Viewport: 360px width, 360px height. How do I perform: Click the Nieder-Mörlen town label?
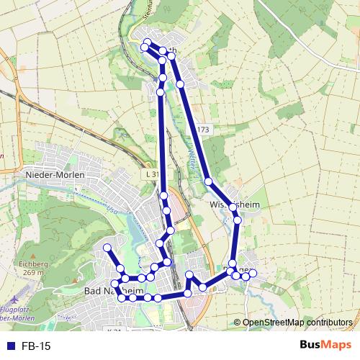(55, 175)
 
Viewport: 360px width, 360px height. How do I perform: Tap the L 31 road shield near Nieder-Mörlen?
(150, 174)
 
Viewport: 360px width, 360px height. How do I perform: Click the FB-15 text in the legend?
(37, 346)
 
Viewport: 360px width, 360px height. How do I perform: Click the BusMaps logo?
(325, 346)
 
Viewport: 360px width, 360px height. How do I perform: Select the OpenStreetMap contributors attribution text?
(297, 322)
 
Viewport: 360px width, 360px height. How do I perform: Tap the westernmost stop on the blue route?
(107, 248)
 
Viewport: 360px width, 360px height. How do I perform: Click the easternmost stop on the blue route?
(253, 273)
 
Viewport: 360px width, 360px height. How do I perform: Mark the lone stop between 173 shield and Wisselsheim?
(208, 181)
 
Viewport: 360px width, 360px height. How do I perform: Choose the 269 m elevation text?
(33, 273)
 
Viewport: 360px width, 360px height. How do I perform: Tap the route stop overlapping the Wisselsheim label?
(233, 207)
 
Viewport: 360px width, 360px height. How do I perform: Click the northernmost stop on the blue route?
(148, 41)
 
